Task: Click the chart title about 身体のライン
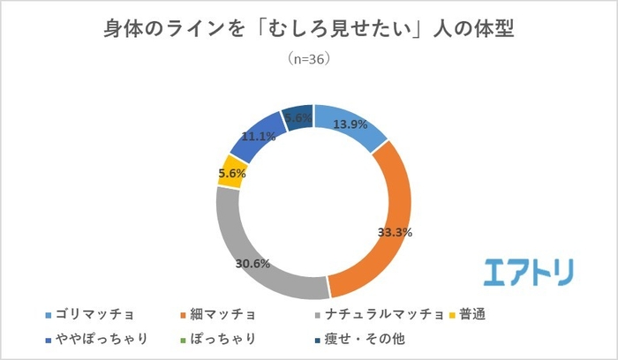(x=309, y=29)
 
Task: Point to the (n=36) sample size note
(x=309, y=60)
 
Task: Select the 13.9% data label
(x=350, y=124)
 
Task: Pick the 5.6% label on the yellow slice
(x=230, y=174)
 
